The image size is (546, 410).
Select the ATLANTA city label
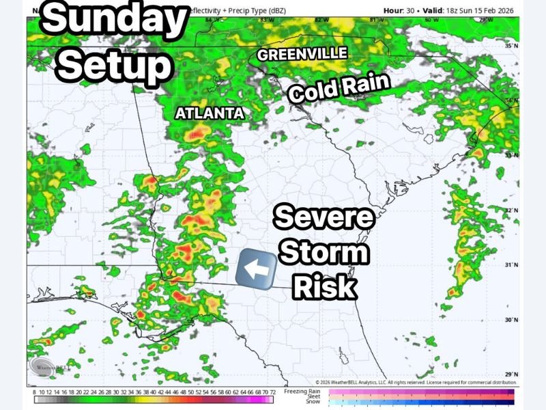click(210, 113)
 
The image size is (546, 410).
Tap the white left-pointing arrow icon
click(256, 269)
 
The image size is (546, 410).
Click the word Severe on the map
click(324, 219)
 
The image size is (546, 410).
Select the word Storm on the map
click(324, 254)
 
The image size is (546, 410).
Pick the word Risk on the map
click(325, 286)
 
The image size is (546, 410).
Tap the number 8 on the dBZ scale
click(34, 392)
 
